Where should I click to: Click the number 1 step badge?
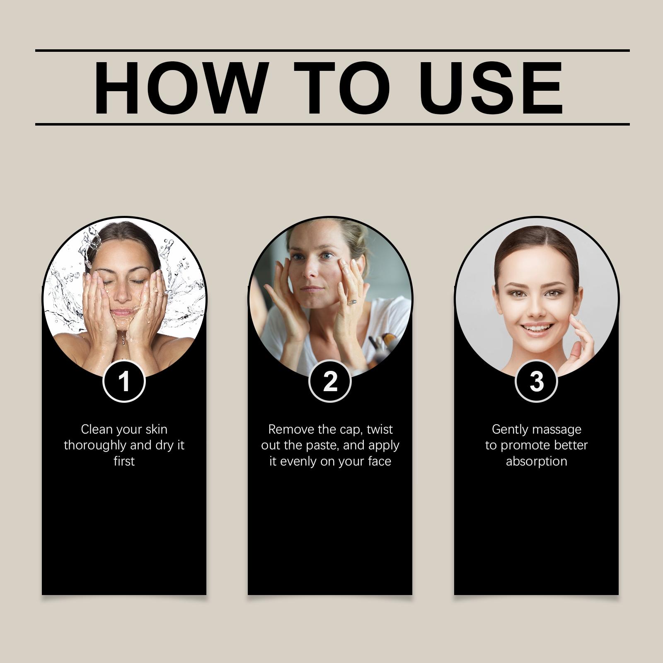124,381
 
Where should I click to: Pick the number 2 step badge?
330,381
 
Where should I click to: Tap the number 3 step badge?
536,381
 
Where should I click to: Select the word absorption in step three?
536,462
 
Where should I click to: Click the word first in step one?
124,461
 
